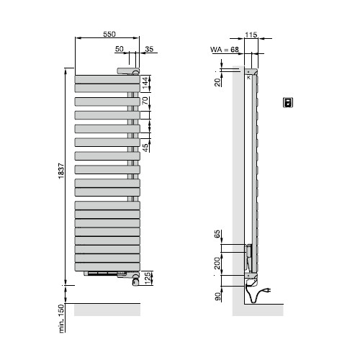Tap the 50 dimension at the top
pos(120,49)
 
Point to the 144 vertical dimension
pos(145,81)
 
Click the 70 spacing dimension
pos(145,101)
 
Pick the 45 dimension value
pos(145,148)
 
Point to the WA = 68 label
pos(225,49)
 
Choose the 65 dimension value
pos(217,235)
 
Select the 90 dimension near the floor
pos(217,296)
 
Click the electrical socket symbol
pos(289,102)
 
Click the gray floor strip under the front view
pos(107,309)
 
